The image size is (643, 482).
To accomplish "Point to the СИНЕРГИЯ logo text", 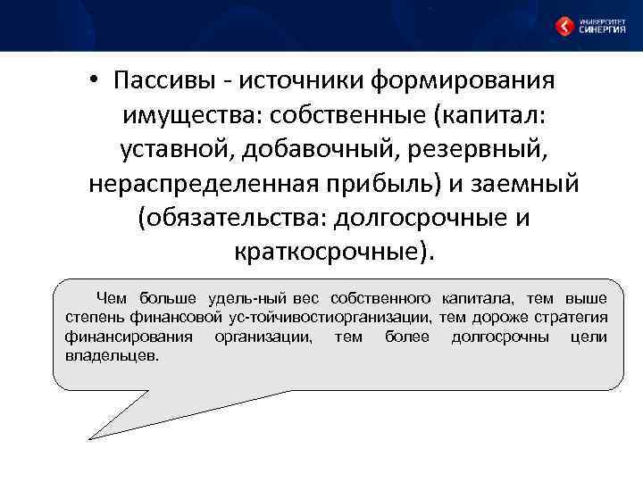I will (602, 29).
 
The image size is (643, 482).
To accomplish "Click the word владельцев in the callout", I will (112, 355).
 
